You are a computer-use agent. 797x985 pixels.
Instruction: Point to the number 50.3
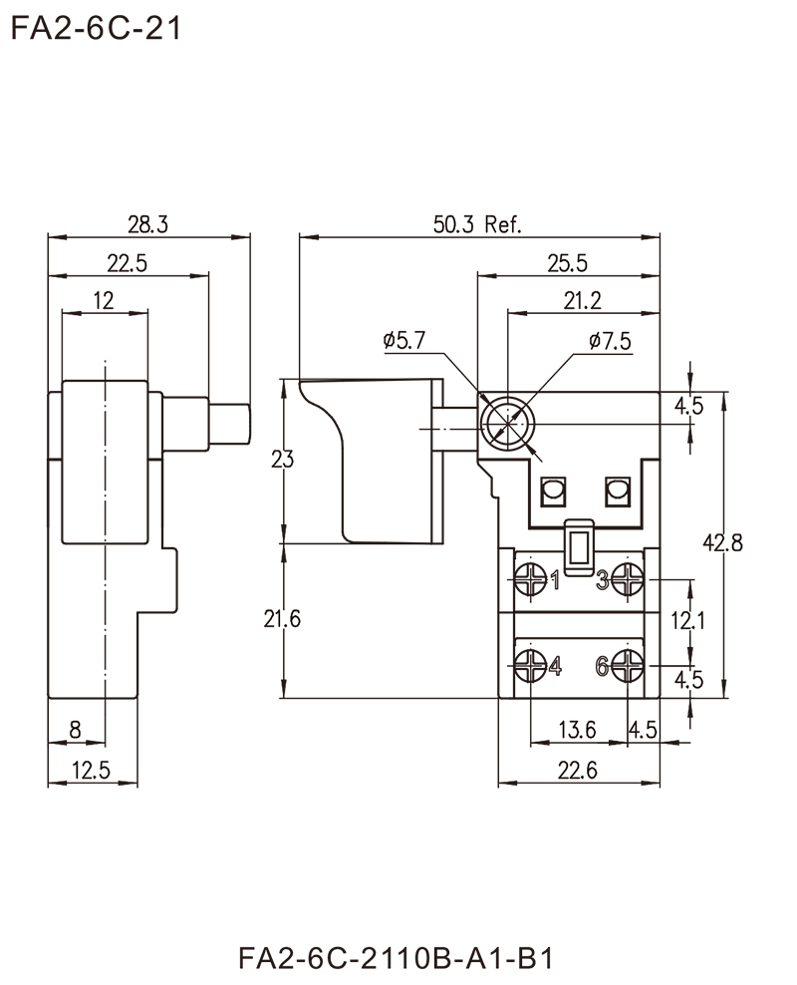point(455,225)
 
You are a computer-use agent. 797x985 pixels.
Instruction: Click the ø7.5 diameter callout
point(610,341)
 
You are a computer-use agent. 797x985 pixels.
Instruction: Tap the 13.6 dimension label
point(579,729)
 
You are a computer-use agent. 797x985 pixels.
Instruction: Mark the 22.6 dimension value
point(579,767)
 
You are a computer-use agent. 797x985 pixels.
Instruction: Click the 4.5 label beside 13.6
point(643,729)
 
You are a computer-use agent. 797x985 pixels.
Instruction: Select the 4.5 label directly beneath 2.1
point(690,680)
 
